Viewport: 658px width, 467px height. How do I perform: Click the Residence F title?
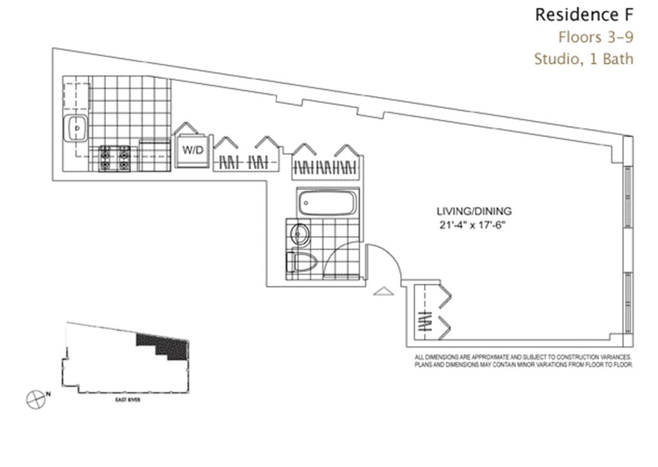[x=583, y=14]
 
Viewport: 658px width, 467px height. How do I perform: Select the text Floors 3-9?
[x=595, y=36]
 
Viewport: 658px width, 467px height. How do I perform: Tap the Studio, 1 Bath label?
[x=583, y=59]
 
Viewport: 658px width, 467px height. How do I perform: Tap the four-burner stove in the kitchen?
[x=114, y=158]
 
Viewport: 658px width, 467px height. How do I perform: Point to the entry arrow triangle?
[x=383, y=292]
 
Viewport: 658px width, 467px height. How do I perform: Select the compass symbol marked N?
[x=37, y=399]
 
